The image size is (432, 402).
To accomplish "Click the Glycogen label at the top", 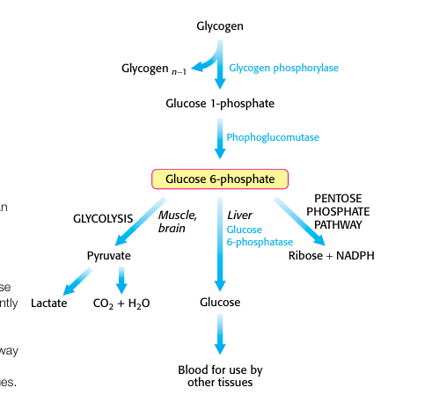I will [x=219, y=26].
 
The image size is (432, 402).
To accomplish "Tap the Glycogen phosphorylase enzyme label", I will [x=283, y=68].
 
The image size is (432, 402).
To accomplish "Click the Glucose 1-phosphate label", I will [x=220, y=104].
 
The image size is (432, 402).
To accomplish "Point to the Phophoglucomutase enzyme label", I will [x=272, y=137].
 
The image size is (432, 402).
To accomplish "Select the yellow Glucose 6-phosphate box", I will [x=220, y=179].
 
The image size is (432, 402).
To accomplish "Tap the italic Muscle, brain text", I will [x=177, y=221].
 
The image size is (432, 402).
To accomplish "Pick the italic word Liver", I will [x=239, y=216].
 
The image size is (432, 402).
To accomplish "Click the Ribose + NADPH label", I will [x=330, y=256].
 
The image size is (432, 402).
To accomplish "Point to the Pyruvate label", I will [x=109, y=256].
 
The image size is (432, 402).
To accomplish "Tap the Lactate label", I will [x=48, y=303].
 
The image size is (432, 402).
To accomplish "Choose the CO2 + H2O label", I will [x=121, y=303].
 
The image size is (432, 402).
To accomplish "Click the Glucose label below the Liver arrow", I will [x=220, y=303].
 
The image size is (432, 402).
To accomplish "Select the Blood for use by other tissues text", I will [x=220, y=376].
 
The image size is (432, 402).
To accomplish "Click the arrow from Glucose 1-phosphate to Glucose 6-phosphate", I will [x=220, y=137].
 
